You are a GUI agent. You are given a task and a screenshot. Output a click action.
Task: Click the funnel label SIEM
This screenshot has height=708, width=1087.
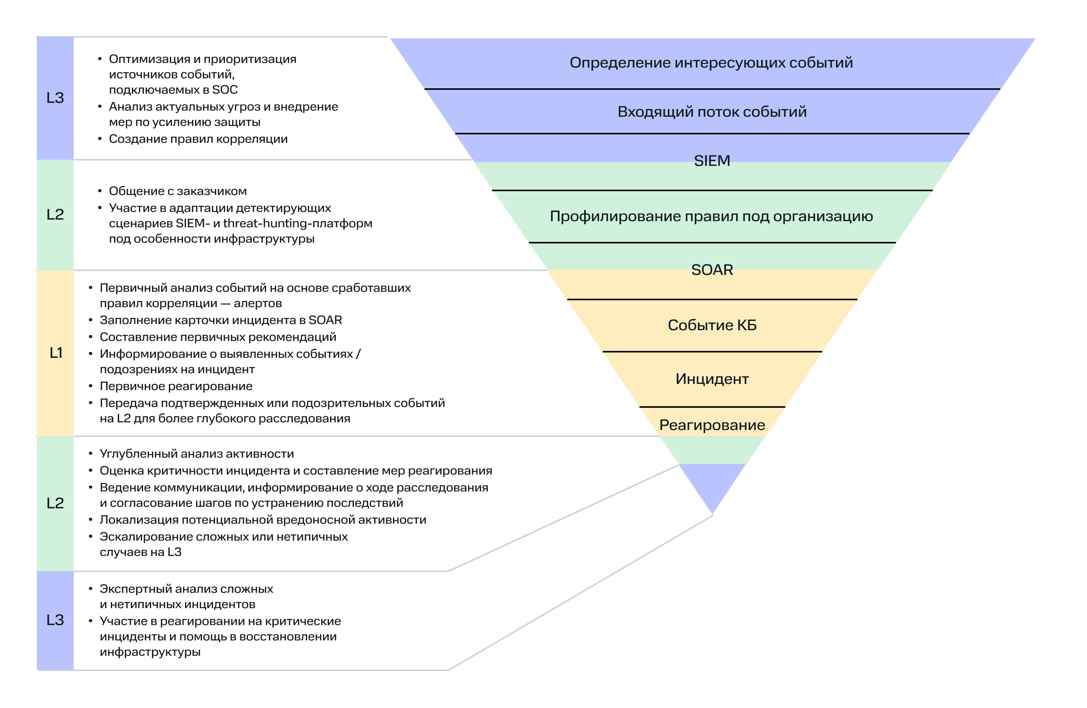coord(712,161)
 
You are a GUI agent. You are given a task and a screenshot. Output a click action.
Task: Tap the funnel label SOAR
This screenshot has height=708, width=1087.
coord(712,270)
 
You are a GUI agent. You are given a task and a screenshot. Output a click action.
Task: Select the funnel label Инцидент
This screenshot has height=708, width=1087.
coord(712,379)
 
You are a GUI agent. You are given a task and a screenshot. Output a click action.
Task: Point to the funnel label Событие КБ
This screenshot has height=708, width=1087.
coord(712,325)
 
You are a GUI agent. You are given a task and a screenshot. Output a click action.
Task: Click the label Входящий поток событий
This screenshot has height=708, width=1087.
coord(712,112)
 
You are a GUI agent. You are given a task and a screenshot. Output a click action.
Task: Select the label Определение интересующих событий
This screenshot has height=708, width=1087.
coord(711,63)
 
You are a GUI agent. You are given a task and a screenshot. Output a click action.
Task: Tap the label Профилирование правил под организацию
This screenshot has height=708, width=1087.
coord(711,217)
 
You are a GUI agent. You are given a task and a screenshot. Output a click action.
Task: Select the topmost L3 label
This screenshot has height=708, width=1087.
coord(55,98)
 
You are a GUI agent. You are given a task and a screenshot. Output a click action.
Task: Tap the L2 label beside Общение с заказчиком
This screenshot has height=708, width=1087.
coord(55,215)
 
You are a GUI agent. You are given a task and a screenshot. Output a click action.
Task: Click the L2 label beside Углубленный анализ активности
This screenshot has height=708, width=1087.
coord(55,503)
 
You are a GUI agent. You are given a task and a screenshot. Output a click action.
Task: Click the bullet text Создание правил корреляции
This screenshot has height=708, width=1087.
coord(198,139)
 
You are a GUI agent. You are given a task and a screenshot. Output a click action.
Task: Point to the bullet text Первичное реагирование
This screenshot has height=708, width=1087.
coord(176,386)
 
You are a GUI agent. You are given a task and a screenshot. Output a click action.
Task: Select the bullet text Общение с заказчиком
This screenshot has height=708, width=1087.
coord(177,191)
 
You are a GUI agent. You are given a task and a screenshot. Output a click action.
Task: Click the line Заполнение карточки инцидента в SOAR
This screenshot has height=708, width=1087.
coord(221,320)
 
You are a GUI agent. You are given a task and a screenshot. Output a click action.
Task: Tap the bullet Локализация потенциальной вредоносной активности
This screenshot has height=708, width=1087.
coord(263,520)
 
